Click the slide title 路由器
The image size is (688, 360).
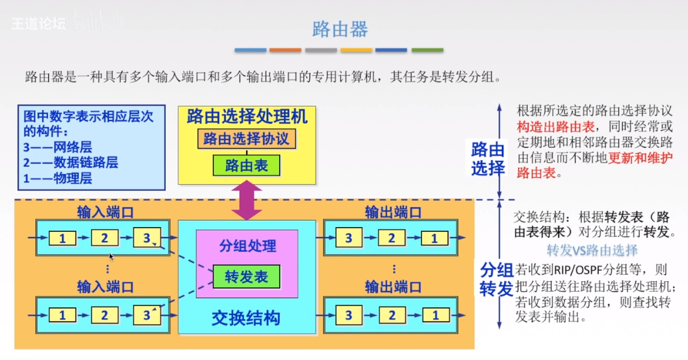click(340, 29)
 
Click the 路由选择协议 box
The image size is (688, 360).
click(247, 139)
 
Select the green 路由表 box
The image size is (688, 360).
click(247, 165)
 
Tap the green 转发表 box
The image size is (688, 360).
click(247, 277)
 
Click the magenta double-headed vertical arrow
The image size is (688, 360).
click(247, 201)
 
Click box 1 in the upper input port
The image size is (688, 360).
click(62, 238)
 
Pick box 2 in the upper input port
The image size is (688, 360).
click(104, 238)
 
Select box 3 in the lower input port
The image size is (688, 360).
click(146, 316)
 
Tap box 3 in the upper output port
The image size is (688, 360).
click(350, 238)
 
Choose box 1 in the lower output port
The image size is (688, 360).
click(434, 316)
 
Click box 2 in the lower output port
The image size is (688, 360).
click(392, 316)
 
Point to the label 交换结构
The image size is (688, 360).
click(246, 318)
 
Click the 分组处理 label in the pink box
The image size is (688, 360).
click(247, 245)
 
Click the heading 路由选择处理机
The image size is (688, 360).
click(247, 117)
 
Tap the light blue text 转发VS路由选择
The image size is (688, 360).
click(592, 250)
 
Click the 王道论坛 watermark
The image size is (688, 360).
click(39, 23)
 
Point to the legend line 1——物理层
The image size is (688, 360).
click(57, 178)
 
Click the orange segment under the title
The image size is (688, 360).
click(285, 50)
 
